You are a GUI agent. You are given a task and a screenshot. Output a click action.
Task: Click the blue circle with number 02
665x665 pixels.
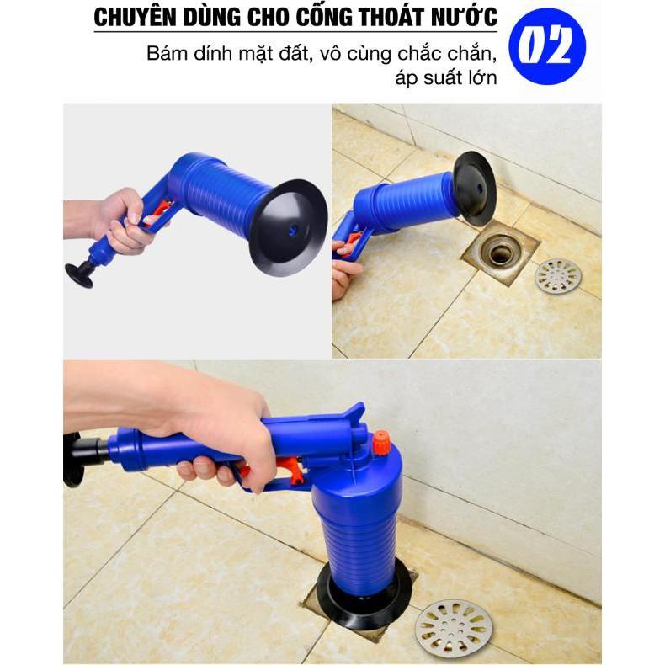coord(547,46)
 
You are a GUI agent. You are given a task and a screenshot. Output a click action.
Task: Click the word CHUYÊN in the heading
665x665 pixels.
coord(129,17)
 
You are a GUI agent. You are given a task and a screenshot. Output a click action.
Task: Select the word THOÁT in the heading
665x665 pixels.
coord(387,17)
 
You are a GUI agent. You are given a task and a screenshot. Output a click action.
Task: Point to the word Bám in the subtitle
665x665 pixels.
coord(168,53)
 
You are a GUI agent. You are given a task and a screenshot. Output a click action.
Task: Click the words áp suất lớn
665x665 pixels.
coord(446,78)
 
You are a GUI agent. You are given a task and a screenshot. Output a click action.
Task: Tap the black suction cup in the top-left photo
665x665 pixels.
coord(289,227)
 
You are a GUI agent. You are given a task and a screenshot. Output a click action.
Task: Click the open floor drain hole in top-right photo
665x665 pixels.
coord(501,253)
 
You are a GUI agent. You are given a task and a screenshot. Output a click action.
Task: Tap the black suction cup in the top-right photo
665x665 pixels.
coord(474,188)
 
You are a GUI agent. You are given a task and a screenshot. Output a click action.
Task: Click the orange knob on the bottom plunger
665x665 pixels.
coord(381,443)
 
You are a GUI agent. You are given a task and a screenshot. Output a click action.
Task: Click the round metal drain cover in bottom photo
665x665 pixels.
coord(454,623)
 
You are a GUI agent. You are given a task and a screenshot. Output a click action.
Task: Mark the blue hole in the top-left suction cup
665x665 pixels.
coord(293,231)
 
